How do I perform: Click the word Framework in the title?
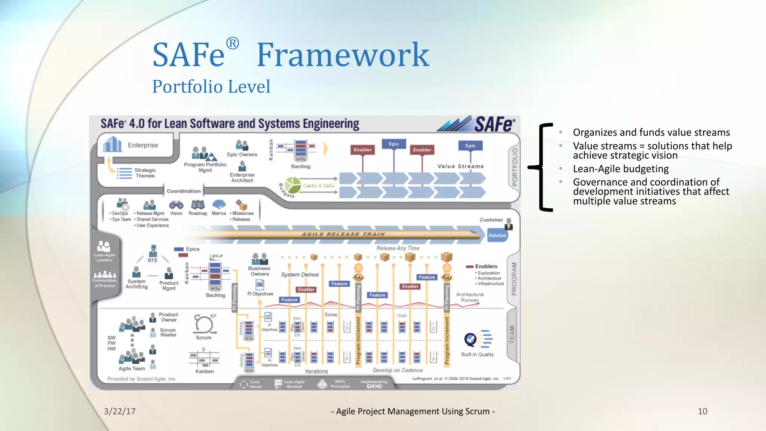click(343, 55)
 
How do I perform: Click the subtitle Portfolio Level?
click(211, 87)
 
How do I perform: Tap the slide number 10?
click(702, 411)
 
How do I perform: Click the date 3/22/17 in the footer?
click(120, 411)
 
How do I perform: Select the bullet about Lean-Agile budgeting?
click(621, 169)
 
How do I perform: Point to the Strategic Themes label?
click(145, 173)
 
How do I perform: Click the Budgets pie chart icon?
click(292, 185)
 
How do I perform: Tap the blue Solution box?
click(497, 235)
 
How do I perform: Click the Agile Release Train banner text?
click(343, 234)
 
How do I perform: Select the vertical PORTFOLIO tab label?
click(515, 167)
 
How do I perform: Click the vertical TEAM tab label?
click(512, 334)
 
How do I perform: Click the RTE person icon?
click(153, 251)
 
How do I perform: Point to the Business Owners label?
click(260, 271)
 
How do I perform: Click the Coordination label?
click(184, 191)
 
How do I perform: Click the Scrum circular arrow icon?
click(203, 324)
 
